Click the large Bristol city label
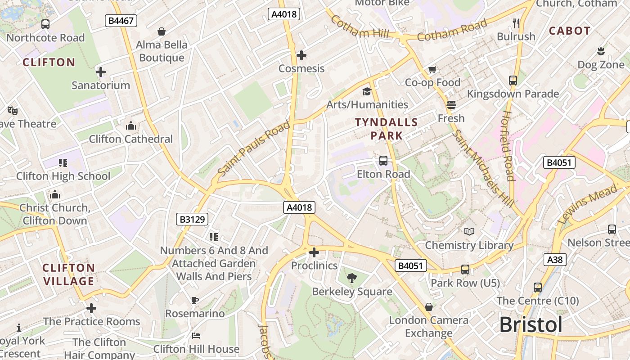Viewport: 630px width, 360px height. pos(531,325)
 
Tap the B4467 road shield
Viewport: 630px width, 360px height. pos(121,20)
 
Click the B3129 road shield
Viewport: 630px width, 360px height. pos(192,219)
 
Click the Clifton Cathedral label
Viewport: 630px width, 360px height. pos(130,139)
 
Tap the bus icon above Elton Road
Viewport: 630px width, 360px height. pos(383,161)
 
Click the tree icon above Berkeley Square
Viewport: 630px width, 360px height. pos(352,278)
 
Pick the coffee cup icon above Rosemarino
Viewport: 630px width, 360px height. pos(195,300)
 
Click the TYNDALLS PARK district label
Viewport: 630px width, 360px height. pos(387,128)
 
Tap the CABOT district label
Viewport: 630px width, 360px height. pos(570,31)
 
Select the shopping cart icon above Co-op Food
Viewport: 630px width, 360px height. pos(432,69)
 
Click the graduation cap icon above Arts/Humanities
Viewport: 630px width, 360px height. pos(367,92)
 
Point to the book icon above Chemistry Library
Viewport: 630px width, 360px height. pos(469,232)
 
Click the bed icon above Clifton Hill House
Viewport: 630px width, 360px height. pos(196,336)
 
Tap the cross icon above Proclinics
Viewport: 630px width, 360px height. pos(314,252)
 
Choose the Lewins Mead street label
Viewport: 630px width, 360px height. pos(587,205)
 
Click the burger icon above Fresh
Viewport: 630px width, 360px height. pos(451,105)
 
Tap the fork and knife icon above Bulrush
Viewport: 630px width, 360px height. pos(516,23)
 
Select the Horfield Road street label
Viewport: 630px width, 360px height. pos(508,146)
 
